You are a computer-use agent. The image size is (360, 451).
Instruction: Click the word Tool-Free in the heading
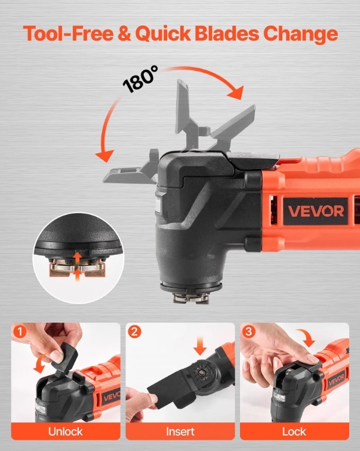click(x=69, y=33)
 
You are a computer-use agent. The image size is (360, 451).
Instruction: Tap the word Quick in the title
click(x=162, y=34)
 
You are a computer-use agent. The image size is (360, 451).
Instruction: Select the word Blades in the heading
click(x=227, y=33)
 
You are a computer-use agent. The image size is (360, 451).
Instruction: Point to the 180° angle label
click(x=140, y=79)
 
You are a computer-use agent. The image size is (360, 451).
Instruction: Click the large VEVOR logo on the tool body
click(x=316, y=211)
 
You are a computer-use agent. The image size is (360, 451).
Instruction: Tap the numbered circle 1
click(x=20, y=332)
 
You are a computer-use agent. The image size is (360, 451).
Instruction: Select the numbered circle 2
click(x=134, y=332)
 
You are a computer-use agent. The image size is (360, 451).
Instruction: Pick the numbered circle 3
click(x=248, y=332)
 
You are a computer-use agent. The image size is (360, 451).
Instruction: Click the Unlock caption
click(x=65, y=431)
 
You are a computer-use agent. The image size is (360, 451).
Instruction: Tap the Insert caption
click(x=180, y=431)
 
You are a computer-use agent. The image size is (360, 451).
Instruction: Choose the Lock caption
click(x=294, y=431)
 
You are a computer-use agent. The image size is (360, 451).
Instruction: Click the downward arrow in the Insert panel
click(x=200, y=346)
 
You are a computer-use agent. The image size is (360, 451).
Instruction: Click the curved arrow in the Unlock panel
click(x=39, y=363)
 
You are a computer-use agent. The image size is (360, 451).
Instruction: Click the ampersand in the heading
click(x=124, y=33)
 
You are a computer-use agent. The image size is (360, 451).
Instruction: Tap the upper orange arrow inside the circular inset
click(x=76, y=258)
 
